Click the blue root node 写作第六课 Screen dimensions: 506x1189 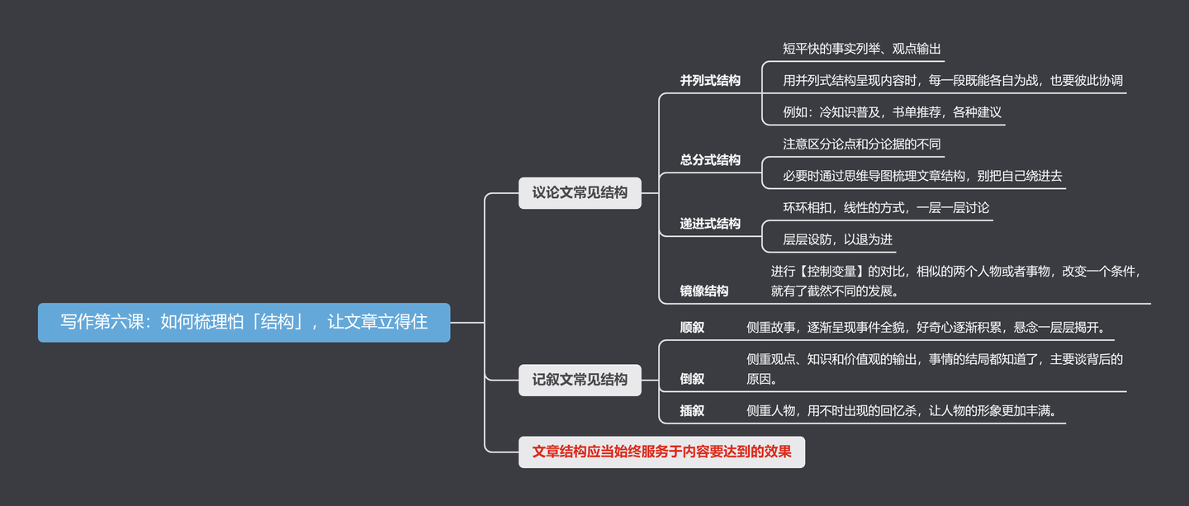[x=244, y=322]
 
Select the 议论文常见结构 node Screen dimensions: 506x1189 [x=580, y=192]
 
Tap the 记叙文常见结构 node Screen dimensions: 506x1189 [x=580, y=380]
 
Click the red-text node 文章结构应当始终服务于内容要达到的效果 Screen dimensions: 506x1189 [x=661, y=452]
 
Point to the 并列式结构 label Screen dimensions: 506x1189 [x=710, y=81]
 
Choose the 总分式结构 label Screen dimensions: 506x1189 [x=710, y=160]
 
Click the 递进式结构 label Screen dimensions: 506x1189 [x=710, y=224]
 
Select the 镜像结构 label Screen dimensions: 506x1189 [x=704, y=291]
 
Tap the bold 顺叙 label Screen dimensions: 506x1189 [x=692, y=328]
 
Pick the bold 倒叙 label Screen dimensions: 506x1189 [x=692, y=379]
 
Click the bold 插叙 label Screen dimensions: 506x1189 [x=692, y=411]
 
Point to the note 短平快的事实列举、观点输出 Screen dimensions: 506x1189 [x=861, y=49]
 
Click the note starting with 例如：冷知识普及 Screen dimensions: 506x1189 [x=892, y=112]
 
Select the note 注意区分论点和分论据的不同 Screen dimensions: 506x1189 [x=861, y=144]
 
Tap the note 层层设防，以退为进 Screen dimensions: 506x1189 [x=837, y=239]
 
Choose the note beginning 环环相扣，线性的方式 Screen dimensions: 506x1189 [x=886, y=207]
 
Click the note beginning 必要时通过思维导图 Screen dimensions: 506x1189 [x=922, y=176]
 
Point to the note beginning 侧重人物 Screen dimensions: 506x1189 [x=902, y=411]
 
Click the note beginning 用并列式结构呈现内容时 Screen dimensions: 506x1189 [x=953, y=81]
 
